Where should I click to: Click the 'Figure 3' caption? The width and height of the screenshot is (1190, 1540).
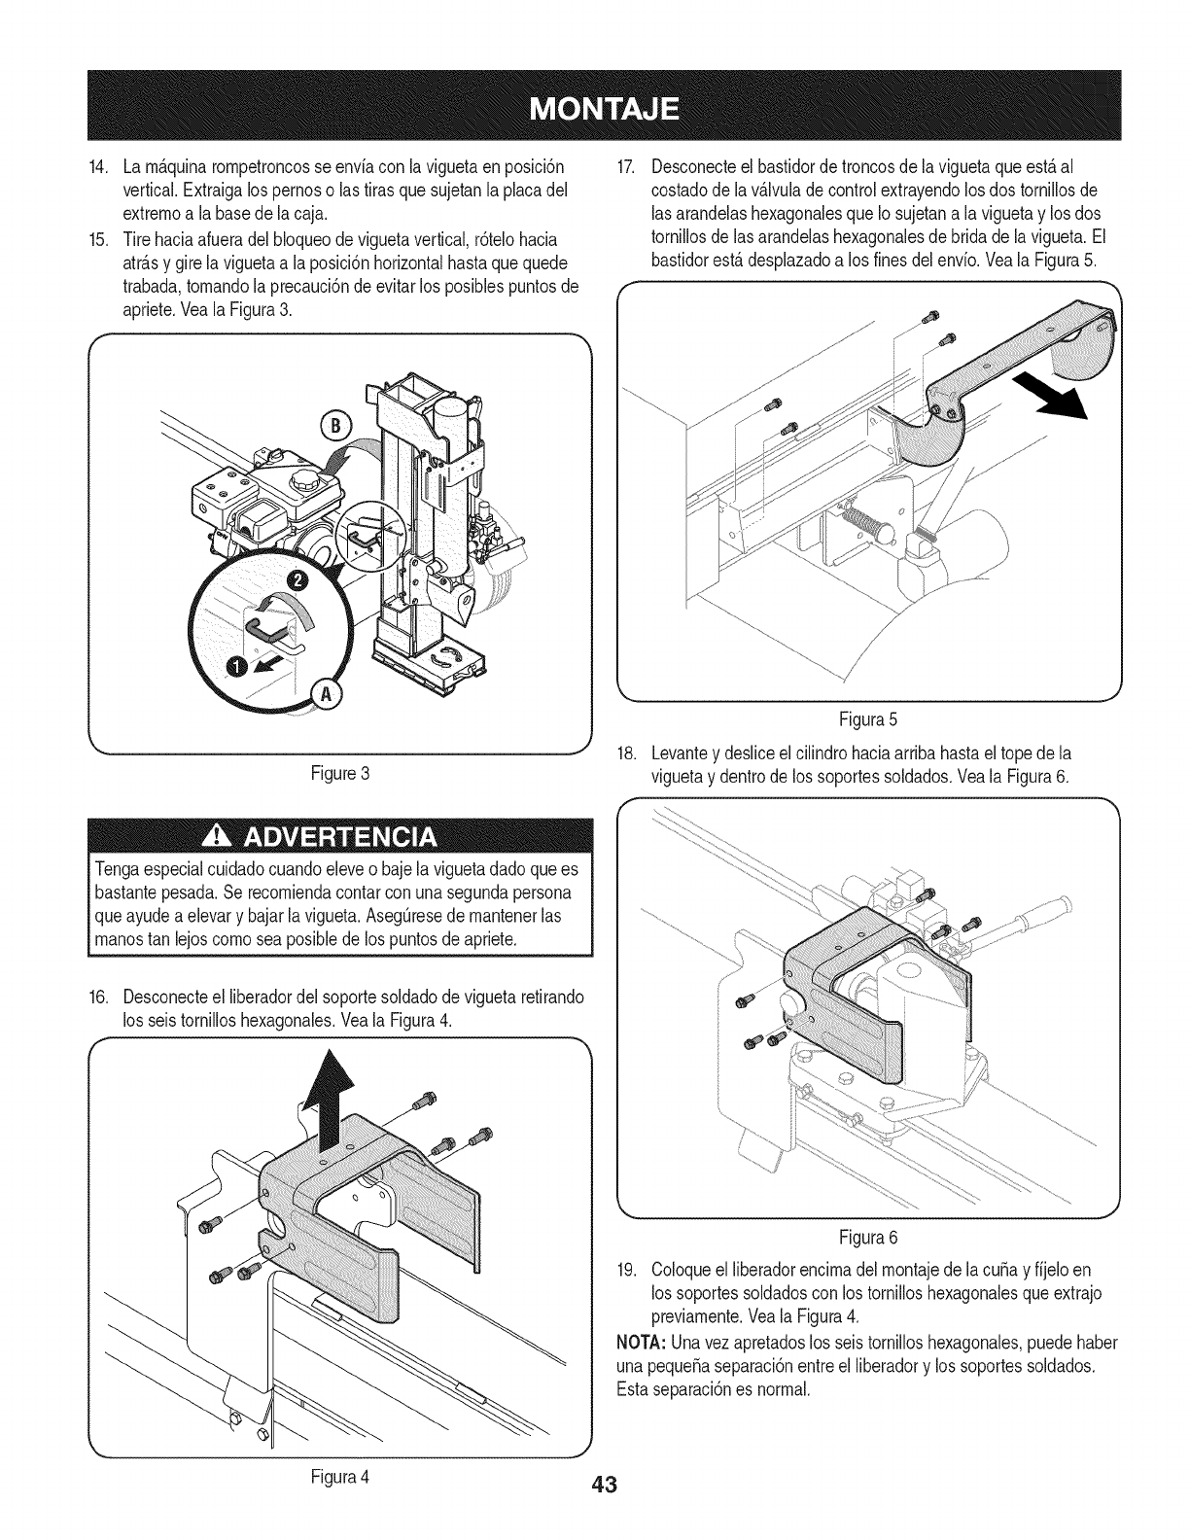click(x=339, y=774)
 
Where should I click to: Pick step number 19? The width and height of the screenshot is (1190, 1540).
click(x=627, y=1269)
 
